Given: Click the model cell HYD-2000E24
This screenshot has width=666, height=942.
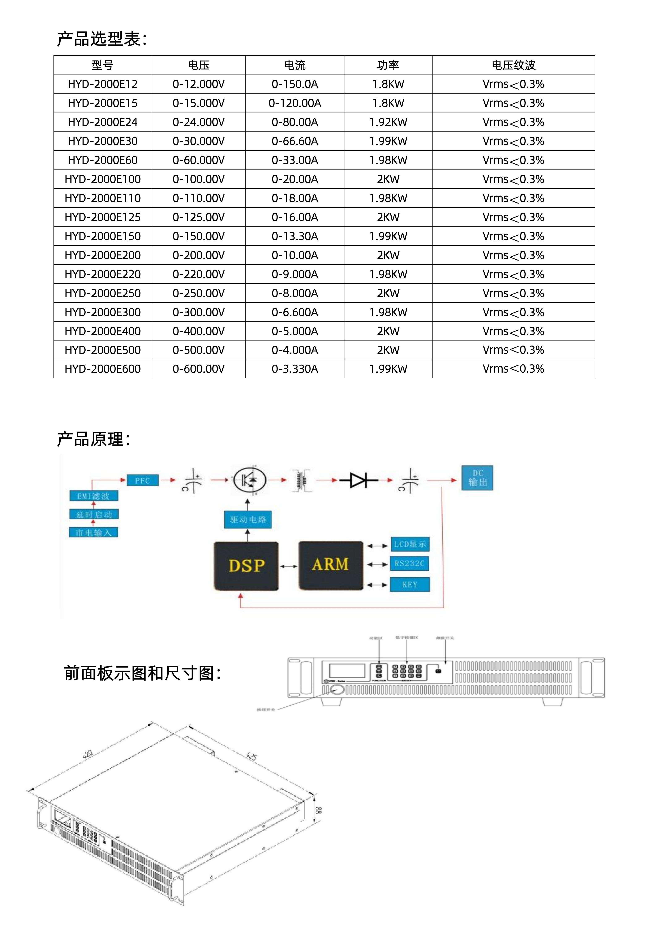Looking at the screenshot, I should pyautogui.click(x=103, y=122).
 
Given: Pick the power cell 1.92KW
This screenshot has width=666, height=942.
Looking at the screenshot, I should pyautogui.click(x=388, y=122).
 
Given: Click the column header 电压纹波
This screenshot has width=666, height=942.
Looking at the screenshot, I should pyautogui.click(x=514, y=65).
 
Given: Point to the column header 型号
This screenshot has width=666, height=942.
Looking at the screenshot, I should pyautogui.click(x=103, y=65).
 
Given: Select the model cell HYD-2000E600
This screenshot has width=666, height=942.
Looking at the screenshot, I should pyautogui.click(x=103, y=369).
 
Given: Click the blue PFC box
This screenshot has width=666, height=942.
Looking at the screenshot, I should pyautogui.click(x=142, y=480).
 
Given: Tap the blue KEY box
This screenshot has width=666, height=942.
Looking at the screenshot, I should pyautogui.click(x=410, y=584).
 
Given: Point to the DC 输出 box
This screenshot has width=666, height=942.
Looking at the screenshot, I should pyautogui.click(x=477, y=478).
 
